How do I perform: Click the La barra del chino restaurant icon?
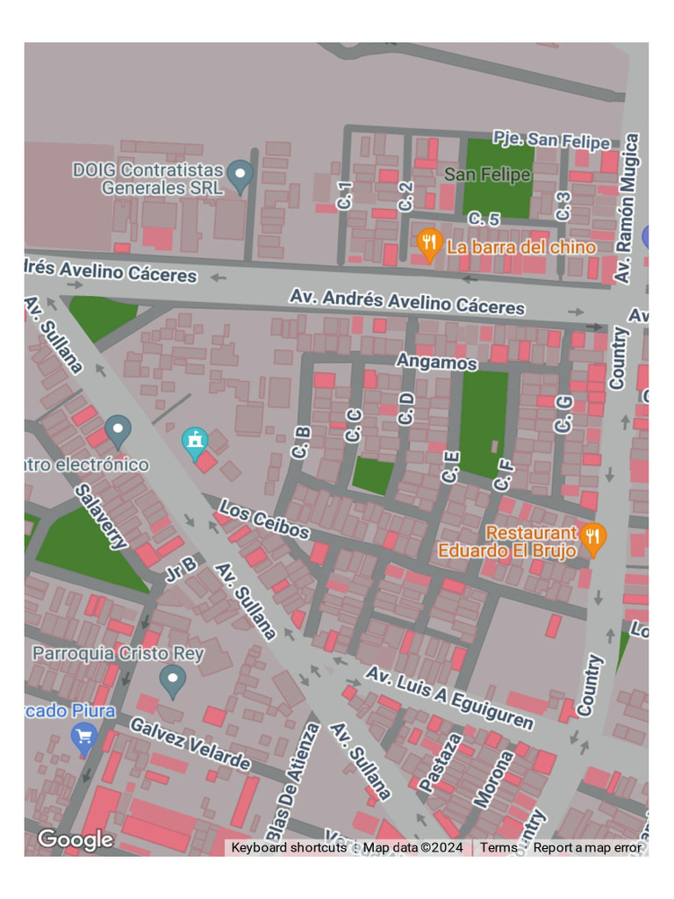428,245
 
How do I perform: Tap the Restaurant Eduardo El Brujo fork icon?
594,540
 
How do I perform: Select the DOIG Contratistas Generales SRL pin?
240,176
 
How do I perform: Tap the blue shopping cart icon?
84,738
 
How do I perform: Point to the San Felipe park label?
487,175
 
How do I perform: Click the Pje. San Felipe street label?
551,140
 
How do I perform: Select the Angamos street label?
436,362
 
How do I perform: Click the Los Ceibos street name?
264,520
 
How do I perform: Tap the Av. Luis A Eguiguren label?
449,697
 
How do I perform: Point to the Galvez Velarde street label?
190,743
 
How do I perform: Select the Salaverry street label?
101,516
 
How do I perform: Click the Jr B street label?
180,569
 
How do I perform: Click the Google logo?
75,840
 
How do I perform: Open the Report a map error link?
587,848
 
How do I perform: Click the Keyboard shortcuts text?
289,848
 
